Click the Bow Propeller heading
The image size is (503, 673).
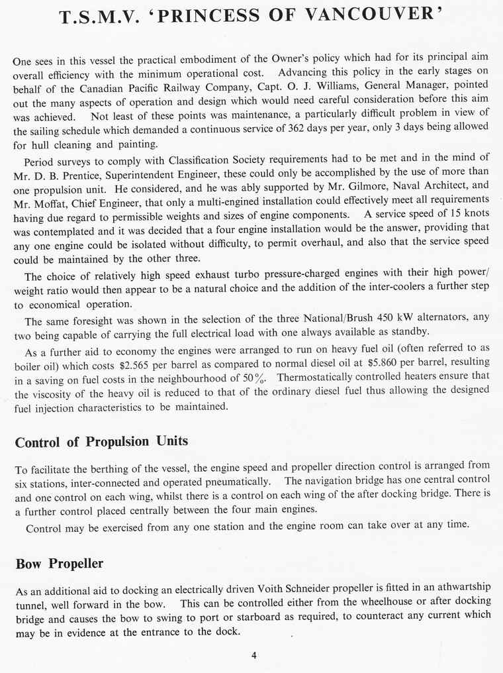(59, 564)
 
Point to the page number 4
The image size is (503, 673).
(253, 656)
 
